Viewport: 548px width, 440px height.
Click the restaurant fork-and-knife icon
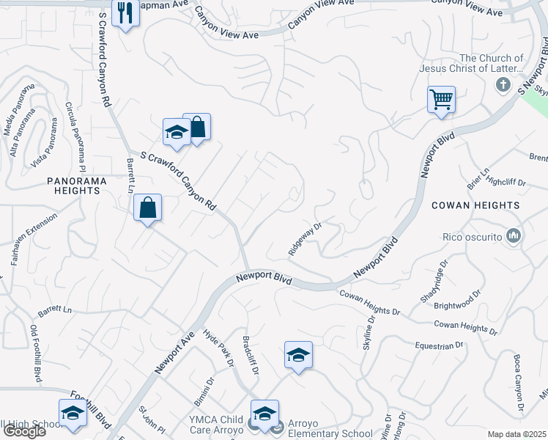(125, 12)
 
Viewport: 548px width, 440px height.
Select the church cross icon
(503, 84)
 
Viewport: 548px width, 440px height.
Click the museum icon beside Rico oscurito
(514, 236)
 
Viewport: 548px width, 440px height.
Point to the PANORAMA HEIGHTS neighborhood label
(53, 185)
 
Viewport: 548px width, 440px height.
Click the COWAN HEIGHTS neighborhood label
(476, 205)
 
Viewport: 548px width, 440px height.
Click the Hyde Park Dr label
(218, 348)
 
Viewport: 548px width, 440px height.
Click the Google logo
(23, 431)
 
